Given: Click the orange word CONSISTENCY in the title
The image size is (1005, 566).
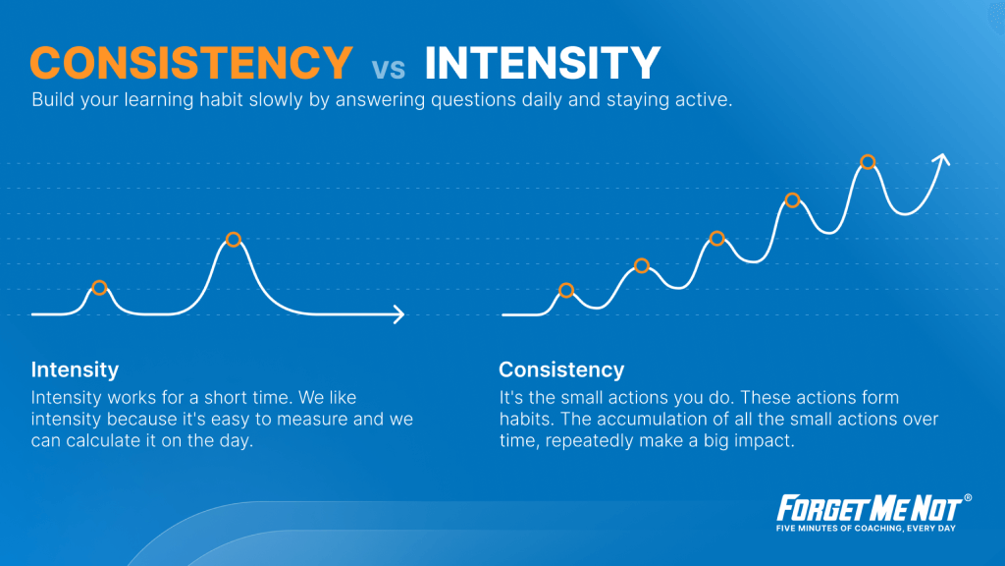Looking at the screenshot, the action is [191, 63].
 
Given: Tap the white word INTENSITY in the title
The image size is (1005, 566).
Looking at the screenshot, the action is [542, 63].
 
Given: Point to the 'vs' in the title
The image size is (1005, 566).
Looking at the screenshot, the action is [389, 68].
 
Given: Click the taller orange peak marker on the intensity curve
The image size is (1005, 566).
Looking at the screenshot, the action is [234, 240].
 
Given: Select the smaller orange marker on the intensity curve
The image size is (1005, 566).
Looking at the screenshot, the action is [99, 288].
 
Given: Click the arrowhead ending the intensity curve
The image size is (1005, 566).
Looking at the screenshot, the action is [399, 314].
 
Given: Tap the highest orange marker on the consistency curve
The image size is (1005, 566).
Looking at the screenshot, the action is [868, 162].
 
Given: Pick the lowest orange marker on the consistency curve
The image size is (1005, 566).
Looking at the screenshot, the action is [566, 291].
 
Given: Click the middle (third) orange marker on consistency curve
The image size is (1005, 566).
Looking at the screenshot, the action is [717, 239].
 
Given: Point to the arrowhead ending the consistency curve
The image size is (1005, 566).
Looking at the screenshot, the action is [942, 160].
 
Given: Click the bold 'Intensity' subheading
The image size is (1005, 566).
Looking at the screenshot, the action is [75, 369].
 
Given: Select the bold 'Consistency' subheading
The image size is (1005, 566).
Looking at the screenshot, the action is [561, 369].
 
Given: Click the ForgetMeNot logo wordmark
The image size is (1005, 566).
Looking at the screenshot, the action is [870, 509].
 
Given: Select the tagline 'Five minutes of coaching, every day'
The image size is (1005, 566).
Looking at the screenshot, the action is [866, 529].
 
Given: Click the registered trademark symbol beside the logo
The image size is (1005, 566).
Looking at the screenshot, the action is [968, 498].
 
